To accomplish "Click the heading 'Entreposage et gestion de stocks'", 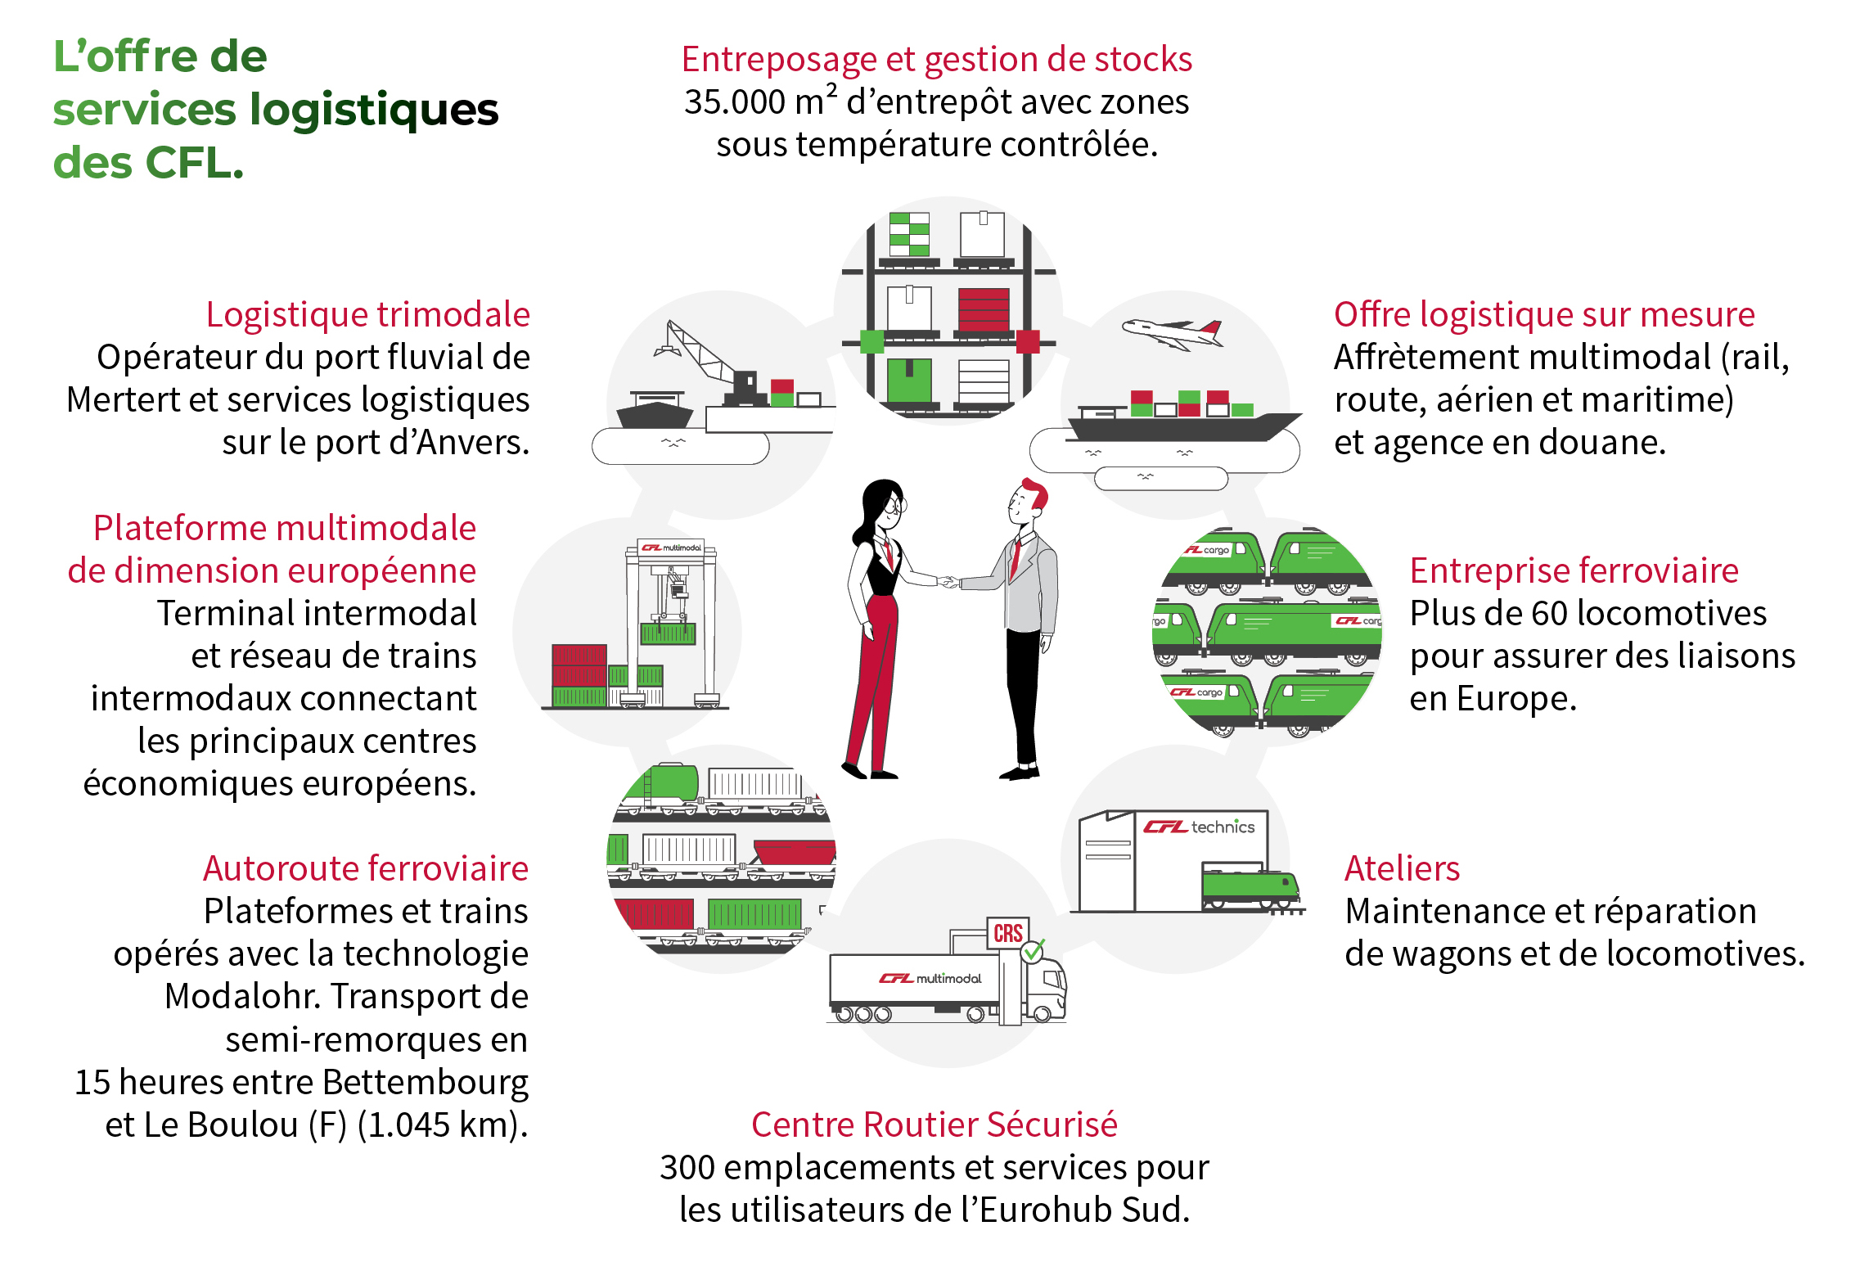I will (936, 60).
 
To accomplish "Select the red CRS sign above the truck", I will (1007, 933).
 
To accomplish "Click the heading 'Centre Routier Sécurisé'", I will (934, 1125).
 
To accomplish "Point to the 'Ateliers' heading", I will (1402, 868).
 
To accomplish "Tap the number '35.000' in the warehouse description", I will (734, 103).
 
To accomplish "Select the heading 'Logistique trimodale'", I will (367, 315).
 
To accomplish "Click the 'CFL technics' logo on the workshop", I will (1199, 827).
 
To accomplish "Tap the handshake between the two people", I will (949, 582).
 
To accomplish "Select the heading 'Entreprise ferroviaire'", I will (1574, 571).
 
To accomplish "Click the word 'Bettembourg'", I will (425, 1083).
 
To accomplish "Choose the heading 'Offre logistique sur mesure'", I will (1544, 315).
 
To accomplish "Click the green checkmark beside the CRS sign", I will (1034, 950).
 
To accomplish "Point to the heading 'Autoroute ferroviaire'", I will (365, 869).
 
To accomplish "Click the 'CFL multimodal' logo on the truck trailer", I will (930, 978).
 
